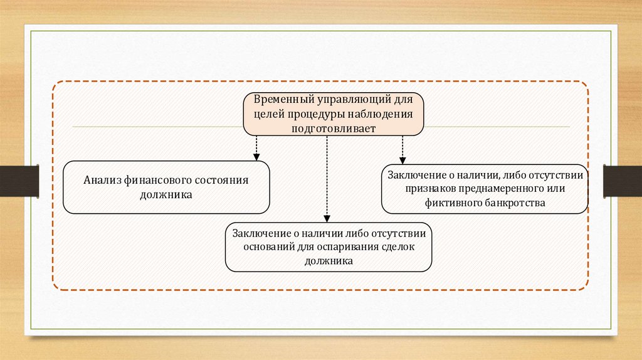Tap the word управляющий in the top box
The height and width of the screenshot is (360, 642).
point(351,100)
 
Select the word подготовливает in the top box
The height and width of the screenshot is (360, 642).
point(333,128)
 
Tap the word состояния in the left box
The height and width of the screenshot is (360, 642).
point(224,180)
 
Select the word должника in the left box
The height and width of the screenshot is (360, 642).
point(166,195)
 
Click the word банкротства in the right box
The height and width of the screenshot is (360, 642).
point(516,203)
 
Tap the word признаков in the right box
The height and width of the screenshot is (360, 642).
point(426,189)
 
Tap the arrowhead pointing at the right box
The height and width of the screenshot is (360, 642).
point(403,160)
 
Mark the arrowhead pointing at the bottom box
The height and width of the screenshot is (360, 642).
point(327,218)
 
